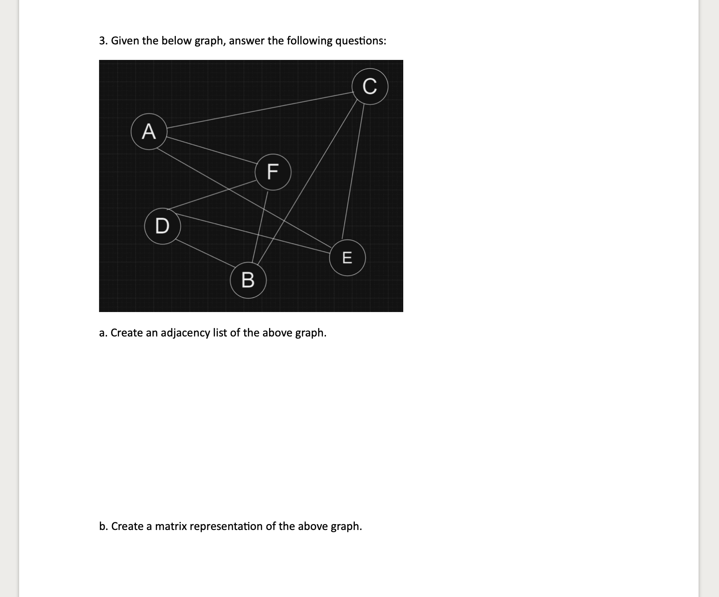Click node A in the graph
[149, 132]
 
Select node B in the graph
[248, 280]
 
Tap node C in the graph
[370, 86]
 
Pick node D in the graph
[162, 226]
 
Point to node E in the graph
[347, 257]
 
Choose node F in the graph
[273, 172]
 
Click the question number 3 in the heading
[103, 41]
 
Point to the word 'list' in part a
[220, 332]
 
